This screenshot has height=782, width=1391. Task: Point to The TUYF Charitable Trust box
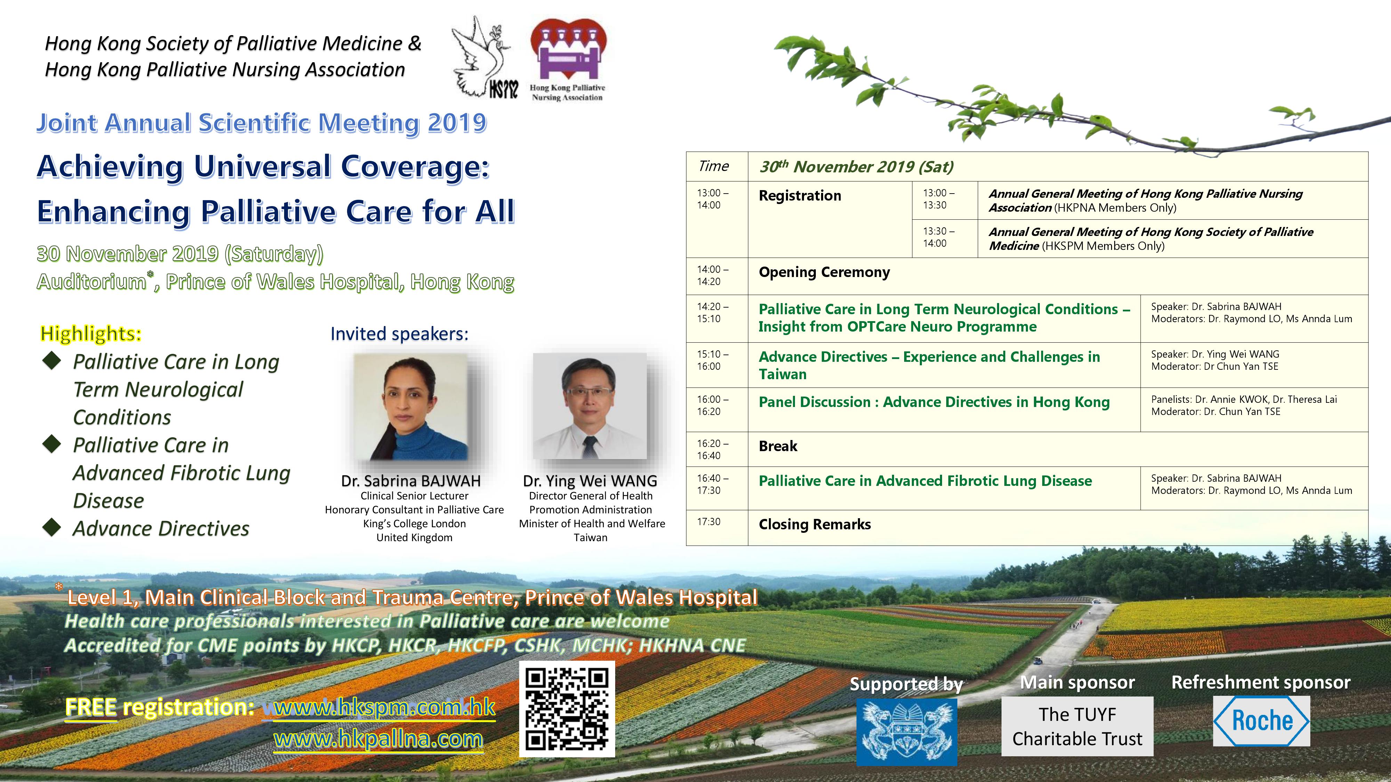1077,726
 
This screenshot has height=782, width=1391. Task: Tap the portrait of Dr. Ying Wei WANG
590,406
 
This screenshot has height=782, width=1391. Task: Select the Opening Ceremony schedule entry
824,272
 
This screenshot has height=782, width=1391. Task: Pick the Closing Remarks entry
814,524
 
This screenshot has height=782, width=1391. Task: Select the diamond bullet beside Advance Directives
52,527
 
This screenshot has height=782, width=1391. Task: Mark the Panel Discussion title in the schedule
934,402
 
